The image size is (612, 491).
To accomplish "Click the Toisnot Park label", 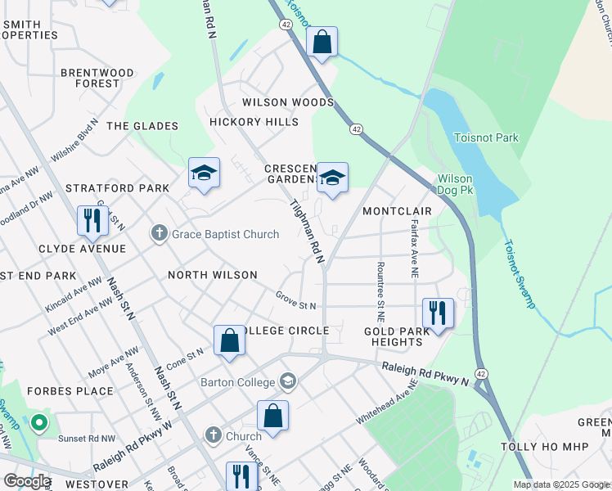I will pos(486,138).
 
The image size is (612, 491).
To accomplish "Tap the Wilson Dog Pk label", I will pos(466,184).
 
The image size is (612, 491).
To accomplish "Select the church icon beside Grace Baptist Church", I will pos(160,235).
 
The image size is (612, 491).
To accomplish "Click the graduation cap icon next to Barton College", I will pos(288,381).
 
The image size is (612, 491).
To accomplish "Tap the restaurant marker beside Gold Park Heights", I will pos(438,313).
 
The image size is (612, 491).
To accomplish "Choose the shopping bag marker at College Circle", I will pos(230,341).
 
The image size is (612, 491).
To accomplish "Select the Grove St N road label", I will pos(295,300).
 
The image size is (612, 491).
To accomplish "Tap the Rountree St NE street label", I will pos(380,291).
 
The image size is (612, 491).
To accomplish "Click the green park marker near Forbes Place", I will pos(38,424).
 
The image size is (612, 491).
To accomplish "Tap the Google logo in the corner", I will pos(26,481).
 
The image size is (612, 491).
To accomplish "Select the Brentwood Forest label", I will pos(97,78).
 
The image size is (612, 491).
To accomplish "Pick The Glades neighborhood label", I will pos(142,126).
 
